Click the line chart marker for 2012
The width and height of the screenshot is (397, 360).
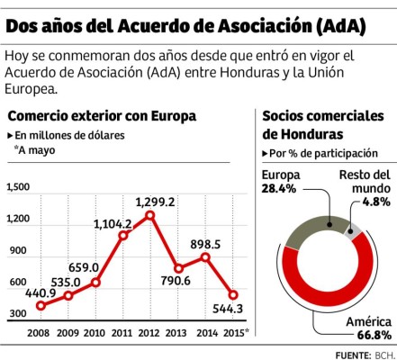(x=149, y=215)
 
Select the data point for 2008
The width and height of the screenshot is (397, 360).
(x=41, y=306)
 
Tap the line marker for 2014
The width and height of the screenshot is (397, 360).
(x=205, y=257)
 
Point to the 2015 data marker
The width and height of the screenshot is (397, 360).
(x=233, y=294)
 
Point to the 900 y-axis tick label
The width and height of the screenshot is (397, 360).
(x=18, y=251)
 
